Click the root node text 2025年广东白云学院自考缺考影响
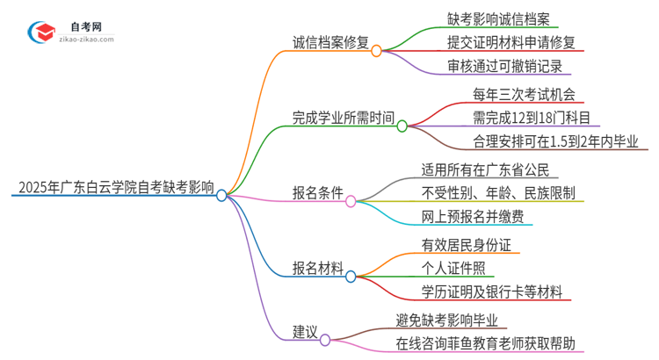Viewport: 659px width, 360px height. (113, 187)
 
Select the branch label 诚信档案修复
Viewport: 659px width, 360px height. (330, 40)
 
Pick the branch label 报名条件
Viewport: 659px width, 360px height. (318, 192)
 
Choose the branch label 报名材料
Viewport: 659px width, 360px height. (318, 267)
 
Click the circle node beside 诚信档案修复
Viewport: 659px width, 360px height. (376, 51)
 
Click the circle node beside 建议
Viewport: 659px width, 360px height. (325, 340)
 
